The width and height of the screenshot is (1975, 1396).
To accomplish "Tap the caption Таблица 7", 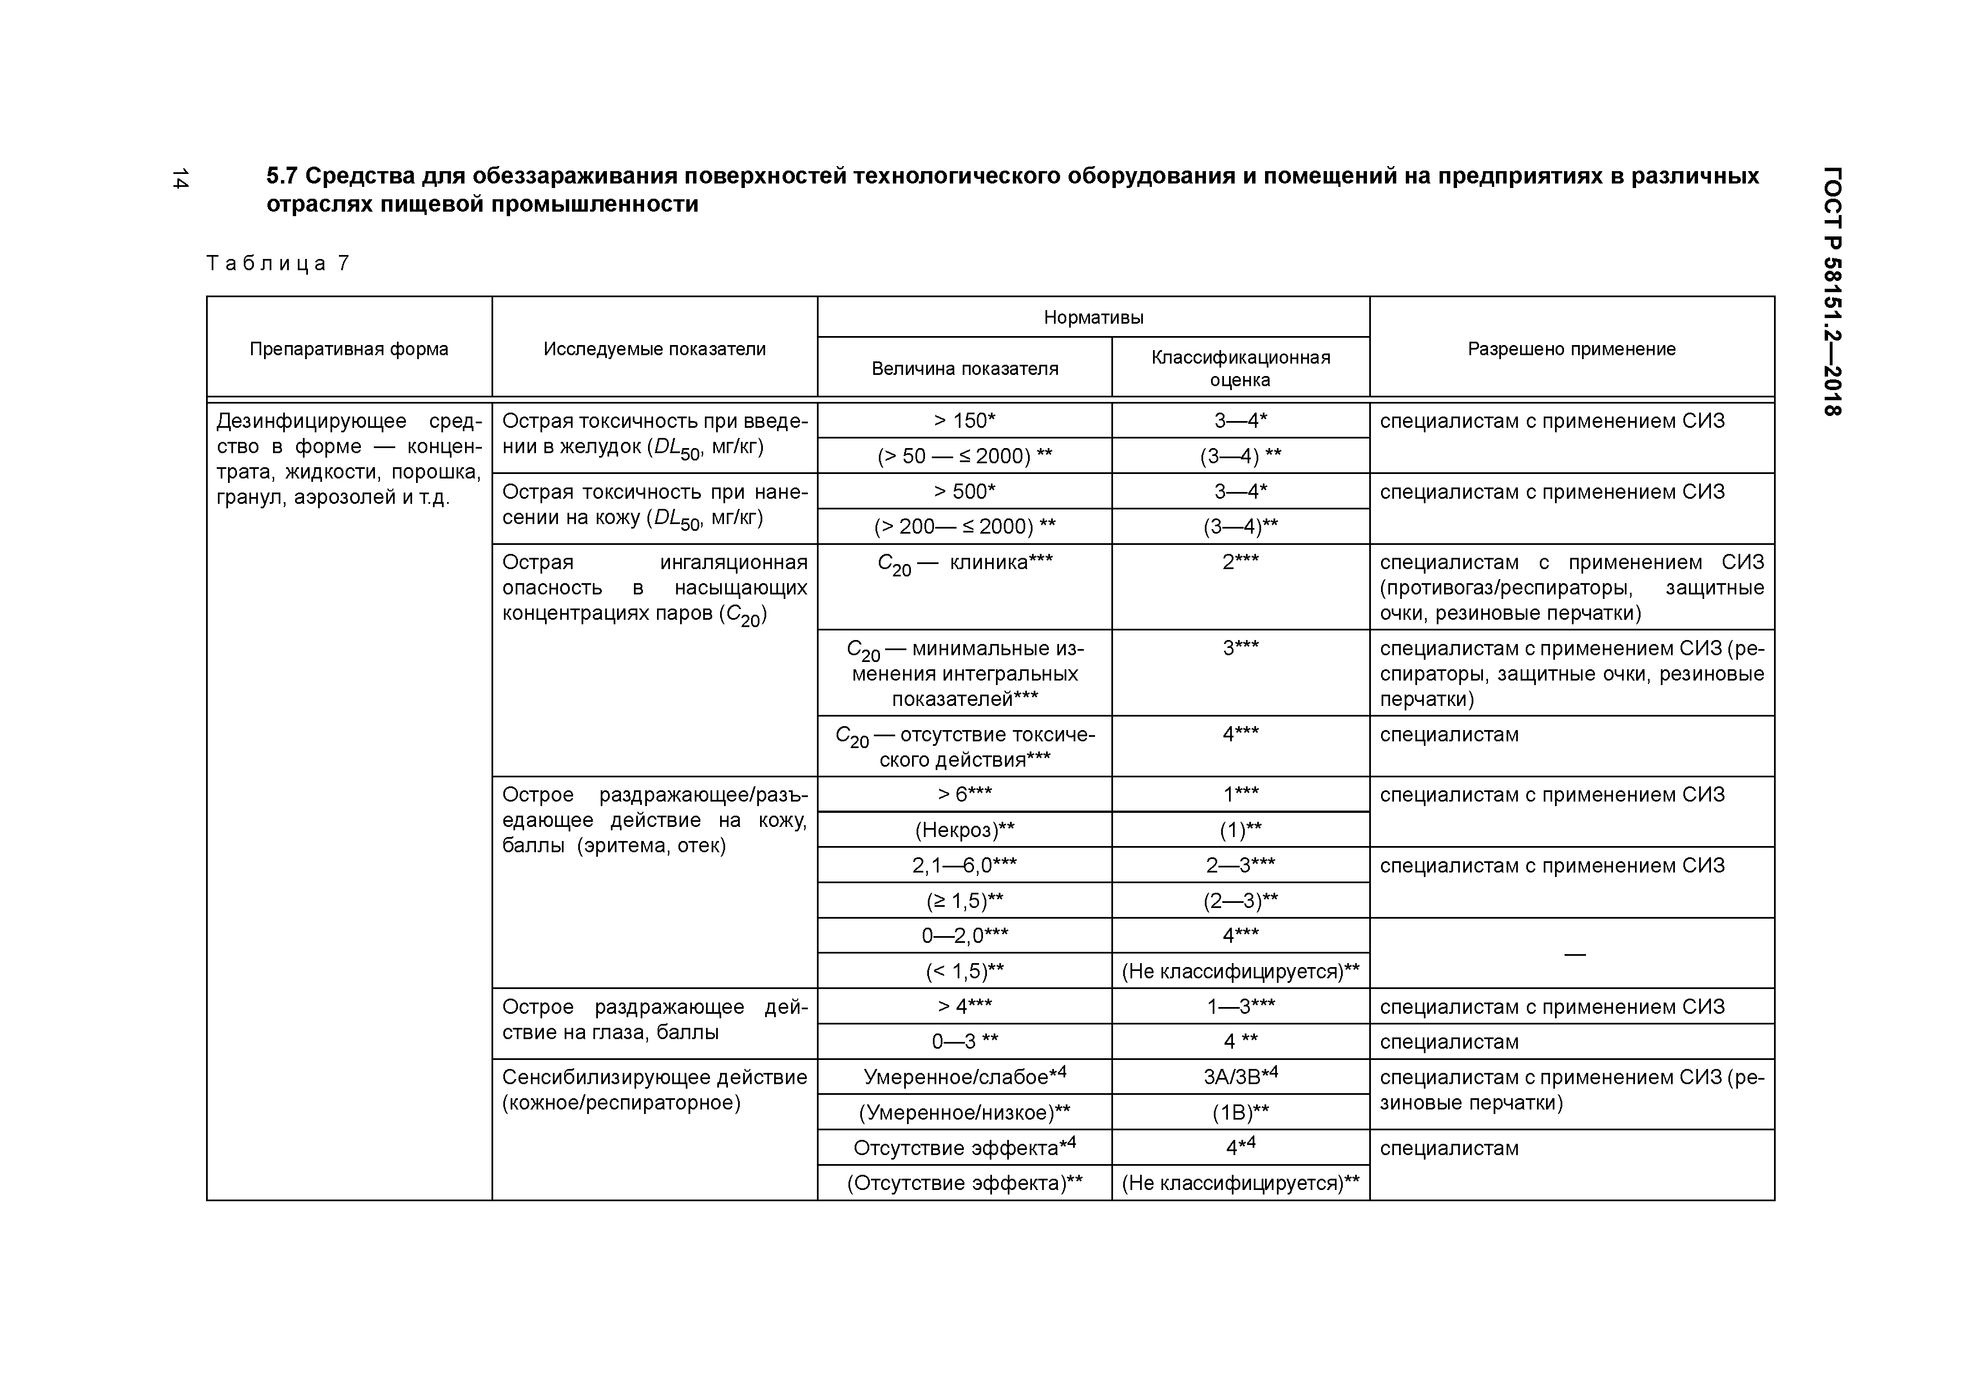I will (278, 263).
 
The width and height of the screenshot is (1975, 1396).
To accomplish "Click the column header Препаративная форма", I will (348, 349).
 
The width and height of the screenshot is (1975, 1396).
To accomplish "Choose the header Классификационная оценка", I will (1240, 368).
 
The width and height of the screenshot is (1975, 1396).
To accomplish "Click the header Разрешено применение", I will (1571, 349).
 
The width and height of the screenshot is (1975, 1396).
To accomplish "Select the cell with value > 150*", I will (964, 420).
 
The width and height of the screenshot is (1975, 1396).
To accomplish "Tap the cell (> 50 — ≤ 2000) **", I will (964, 456).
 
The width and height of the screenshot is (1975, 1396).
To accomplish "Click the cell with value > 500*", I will (964, 491).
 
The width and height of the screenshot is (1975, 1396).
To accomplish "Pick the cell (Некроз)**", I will (964, 830).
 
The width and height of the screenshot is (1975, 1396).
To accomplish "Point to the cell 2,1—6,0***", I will (964, 865).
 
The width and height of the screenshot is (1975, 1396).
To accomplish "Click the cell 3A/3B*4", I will (1240, 1076).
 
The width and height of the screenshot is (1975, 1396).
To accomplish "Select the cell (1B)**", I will (1240, 1113).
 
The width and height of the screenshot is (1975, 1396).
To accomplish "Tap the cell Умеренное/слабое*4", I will (964, 1076).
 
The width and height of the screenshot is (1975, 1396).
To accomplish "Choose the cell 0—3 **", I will (964, 1041).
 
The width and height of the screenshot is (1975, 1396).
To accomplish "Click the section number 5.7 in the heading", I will (280, 176).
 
